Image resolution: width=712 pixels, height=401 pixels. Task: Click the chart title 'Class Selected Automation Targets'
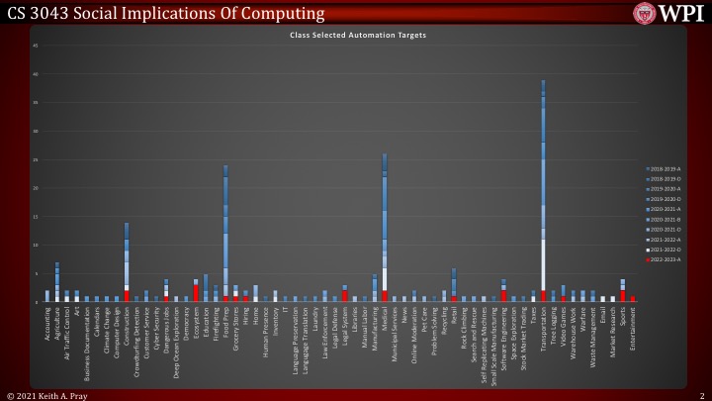pyautogui.click(x=358, y=34)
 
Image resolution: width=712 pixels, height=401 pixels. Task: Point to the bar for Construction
pyautogui.click(x=127, y=262)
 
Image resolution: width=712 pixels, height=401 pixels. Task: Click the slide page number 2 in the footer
pyautogui.click(x=700, y=394)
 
